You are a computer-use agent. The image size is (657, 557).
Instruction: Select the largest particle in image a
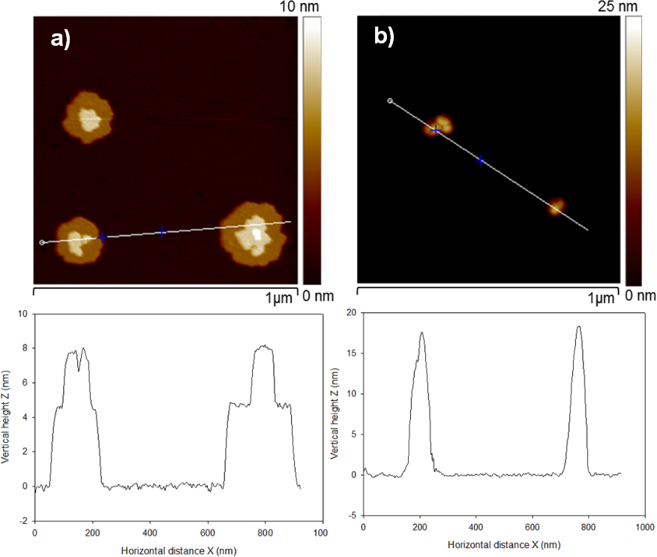click(253, 233)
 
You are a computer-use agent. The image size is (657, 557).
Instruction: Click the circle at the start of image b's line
click(388, 100)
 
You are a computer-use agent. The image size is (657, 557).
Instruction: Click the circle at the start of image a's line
click(42, 242)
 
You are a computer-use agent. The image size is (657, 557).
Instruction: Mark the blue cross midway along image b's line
click(481, 159)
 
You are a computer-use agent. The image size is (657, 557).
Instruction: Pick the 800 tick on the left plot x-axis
click(262, 531)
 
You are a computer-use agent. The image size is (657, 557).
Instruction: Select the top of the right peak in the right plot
click(578, 326)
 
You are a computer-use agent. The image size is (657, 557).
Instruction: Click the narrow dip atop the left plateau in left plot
click(79, 369)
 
